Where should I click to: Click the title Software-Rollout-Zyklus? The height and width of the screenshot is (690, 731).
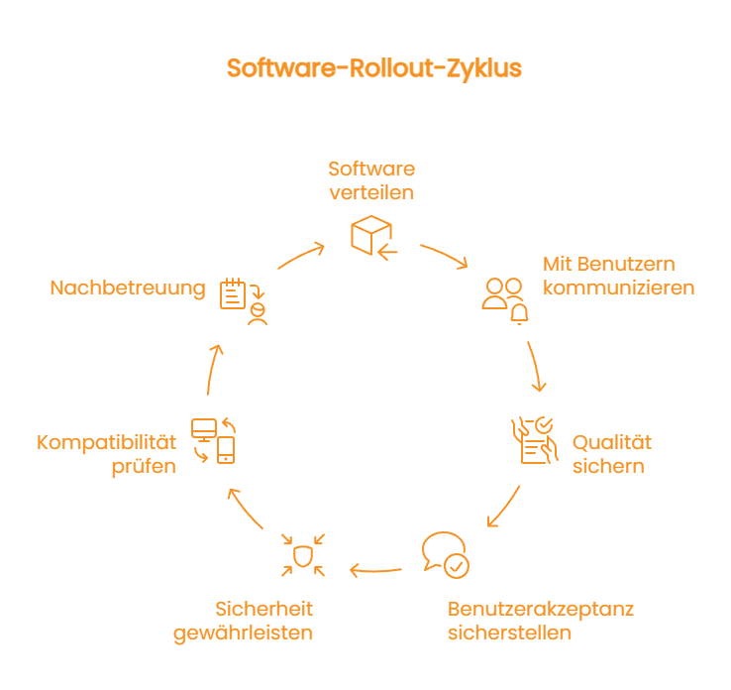(373, 68)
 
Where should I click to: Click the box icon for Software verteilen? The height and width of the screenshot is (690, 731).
(372, 235)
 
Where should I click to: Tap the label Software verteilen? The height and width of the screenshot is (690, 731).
(371, 179)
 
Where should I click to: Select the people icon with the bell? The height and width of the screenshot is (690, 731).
(505, 299)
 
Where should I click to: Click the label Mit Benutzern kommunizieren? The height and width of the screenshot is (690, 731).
(617, 276)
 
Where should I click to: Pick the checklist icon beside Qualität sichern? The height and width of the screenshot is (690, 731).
(531, 440)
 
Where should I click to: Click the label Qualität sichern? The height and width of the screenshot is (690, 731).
(611, 454)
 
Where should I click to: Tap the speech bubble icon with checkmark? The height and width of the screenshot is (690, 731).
(444, 555)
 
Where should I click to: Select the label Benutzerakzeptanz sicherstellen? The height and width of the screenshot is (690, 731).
(540, 620)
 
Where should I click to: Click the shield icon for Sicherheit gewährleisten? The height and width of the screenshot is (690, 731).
(303, 555)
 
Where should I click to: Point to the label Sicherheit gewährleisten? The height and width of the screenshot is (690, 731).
(244, 620)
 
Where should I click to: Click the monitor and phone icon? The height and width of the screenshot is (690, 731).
(214, 440)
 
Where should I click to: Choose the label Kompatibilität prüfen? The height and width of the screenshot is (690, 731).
(107, 454)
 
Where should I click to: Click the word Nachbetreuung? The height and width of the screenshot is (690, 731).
(128, 288)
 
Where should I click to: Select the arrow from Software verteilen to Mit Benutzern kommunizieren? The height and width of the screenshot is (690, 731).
(444, 255)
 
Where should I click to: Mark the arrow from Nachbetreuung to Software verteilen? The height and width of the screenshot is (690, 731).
(300, 255)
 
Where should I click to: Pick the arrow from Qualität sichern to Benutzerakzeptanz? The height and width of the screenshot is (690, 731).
(503, 508)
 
